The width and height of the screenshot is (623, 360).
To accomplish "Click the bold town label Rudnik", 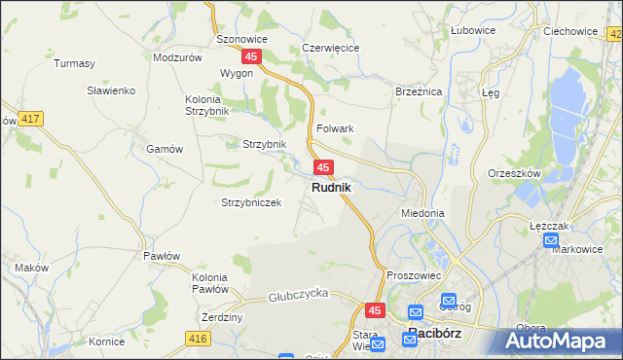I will tap(331, 186).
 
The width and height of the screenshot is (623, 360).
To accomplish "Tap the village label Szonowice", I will tap(240, 39).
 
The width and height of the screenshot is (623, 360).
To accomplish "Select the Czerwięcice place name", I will tap(331, 47).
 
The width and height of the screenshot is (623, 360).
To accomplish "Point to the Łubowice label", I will tap(473, 30).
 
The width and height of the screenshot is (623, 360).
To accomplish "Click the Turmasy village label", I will tap(75, 64).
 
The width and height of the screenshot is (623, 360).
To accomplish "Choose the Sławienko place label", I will tap(110, 90).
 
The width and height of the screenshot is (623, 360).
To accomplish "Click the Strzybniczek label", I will tap(251, 202).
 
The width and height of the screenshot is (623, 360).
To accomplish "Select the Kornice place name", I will tap(106, 342).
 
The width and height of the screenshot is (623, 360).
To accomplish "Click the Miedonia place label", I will tap(422, 212).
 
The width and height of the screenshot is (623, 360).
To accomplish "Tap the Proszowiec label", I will tap(414, 275).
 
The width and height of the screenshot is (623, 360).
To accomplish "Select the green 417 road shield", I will tap(30, 119).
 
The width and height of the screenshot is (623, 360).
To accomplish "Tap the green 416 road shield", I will tap(198, 338).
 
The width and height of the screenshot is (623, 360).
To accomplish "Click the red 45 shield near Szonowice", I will tap(252, 57).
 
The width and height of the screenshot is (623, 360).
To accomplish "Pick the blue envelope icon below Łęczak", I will tap(552, 240).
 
